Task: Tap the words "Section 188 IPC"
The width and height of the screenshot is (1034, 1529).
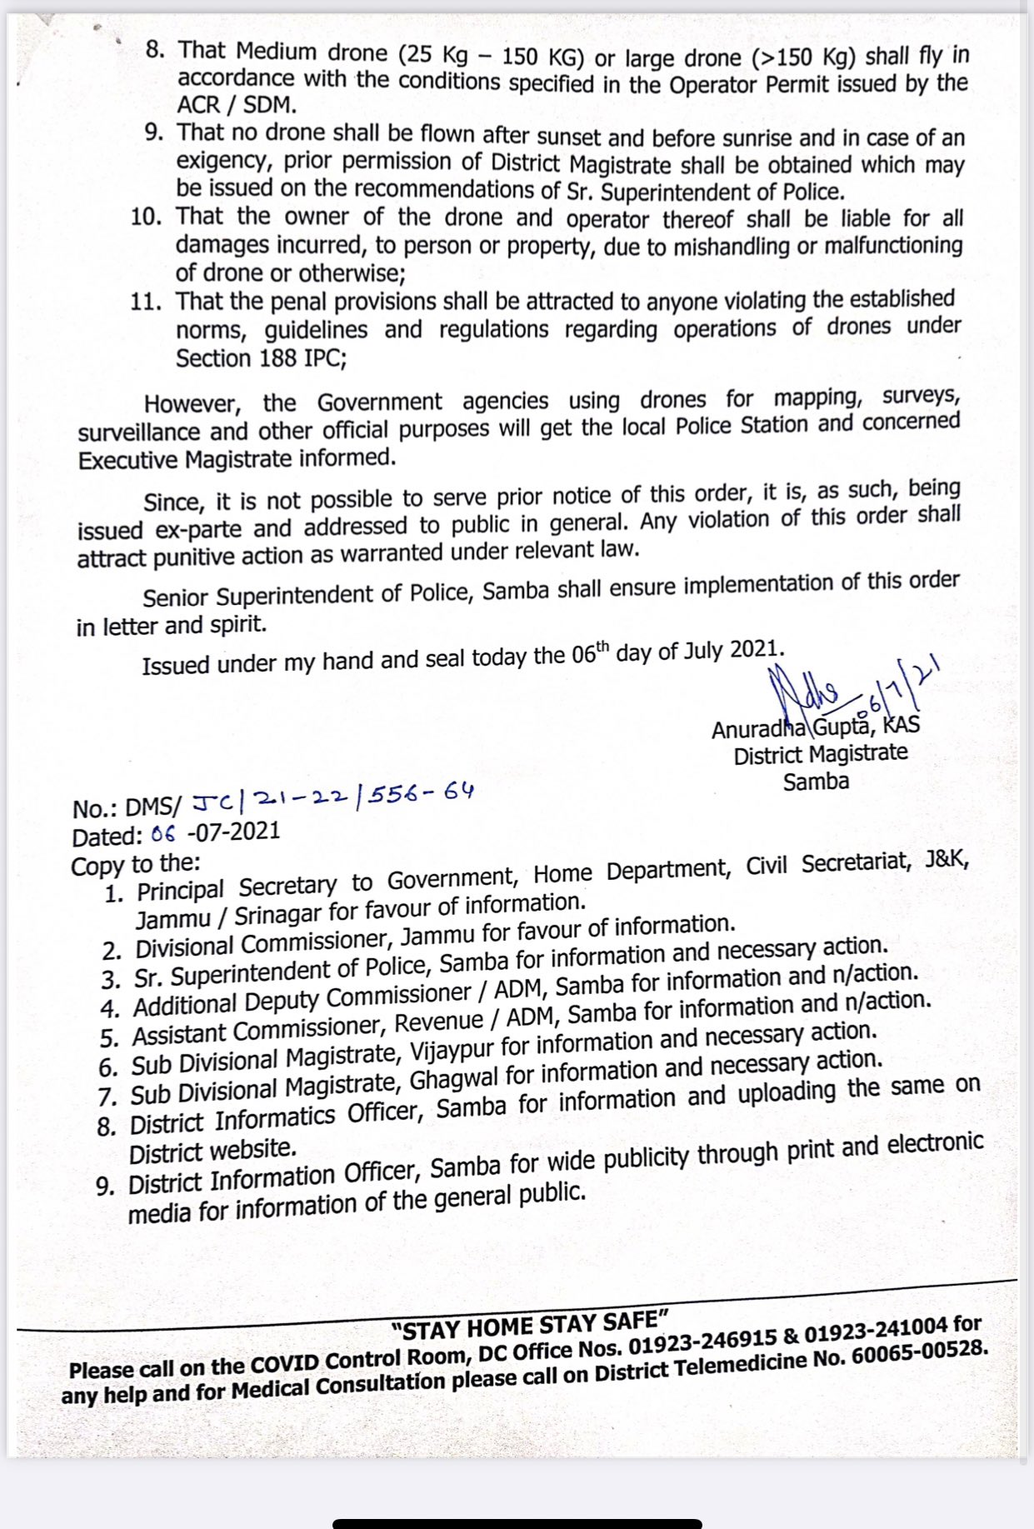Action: (261, 358)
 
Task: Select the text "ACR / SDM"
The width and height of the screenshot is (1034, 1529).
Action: (237, 106)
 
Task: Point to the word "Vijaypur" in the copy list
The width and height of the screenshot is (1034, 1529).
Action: (453, 1051)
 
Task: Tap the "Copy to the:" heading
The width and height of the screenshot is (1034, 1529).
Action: (136, 865)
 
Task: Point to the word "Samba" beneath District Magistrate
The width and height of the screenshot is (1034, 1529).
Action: (816, 782)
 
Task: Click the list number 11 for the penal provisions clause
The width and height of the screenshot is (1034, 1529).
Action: (144, 301)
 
